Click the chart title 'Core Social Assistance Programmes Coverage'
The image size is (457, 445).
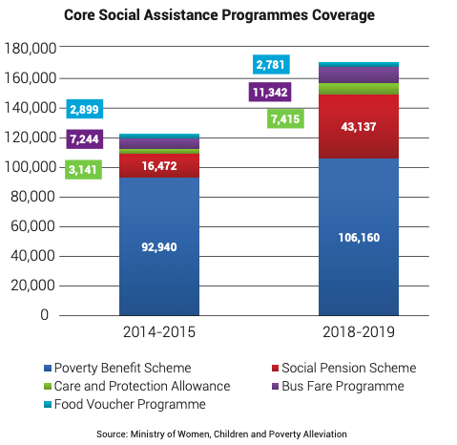pos(219,15)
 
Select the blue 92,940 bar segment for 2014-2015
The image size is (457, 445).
pos(159,246)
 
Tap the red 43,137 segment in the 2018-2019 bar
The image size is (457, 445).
pos(359,126)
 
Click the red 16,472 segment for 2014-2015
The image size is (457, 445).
pos(159,165)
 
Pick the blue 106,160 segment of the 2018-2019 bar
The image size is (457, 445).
pos(359,237)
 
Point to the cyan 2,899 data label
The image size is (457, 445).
pos(85,109)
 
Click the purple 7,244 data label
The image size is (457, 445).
pos(85,138)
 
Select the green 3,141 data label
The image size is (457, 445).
pos(83,169)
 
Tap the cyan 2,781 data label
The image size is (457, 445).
pos(271,64)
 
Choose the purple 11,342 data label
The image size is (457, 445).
pos(270,92)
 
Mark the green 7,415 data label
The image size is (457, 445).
pos(285,118)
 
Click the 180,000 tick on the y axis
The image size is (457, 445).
pos(30,48)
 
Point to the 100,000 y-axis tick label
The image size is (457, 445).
pos(30,167)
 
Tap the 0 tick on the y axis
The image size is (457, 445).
pos(44,314)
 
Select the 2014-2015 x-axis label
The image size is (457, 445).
pos(159,332)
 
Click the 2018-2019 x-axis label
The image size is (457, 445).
pos(359,332)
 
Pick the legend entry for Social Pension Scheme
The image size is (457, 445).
pos(344,368)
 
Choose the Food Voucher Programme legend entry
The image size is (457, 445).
pos(125,404)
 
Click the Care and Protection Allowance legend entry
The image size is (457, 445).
pos(136,386)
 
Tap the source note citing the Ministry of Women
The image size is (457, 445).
pos(221,434)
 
